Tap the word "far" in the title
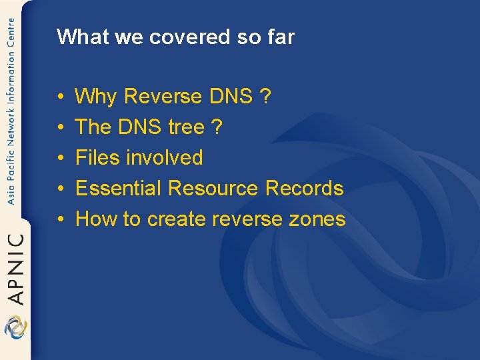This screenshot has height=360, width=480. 280,37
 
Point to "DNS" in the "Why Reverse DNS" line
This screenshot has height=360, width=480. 231,97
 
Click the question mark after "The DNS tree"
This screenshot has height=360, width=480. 217,127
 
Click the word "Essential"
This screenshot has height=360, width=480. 119,189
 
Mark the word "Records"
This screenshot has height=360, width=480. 305,189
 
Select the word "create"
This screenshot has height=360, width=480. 175,219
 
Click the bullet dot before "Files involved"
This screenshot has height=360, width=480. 61,159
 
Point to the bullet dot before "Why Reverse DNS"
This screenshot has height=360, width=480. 61,97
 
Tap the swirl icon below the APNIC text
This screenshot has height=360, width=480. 15,327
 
